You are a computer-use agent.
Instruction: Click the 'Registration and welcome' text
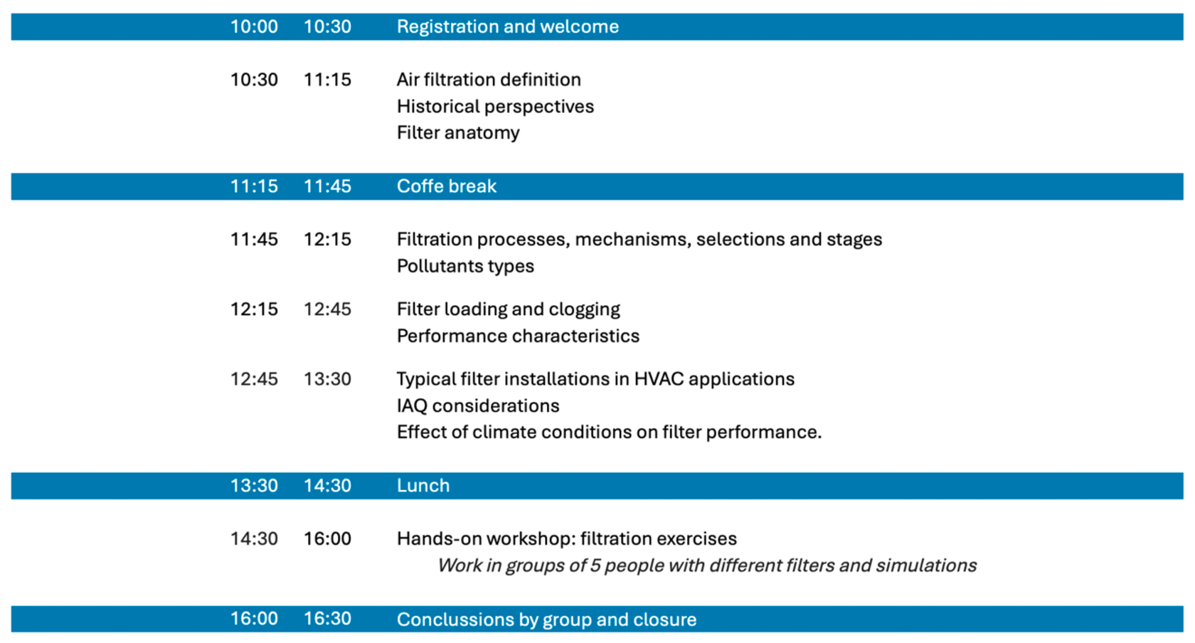(x=507, y=27)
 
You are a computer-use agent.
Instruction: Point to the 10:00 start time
(x=254, y=27)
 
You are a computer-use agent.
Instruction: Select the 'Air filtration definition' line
(x=489, y=80)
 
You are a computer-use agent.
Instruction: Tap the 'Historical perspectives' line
(x=495, y=107)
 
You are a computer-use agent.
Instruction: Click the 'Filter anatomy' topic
(x=458, y=133)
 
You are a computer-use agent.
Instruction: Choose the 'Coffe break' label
(x=446, y=186)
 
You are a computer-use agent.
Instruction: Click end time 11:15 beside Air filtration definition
(x=327, y=80)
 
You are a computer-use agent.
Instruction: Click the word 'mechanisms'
(x=631, y=240)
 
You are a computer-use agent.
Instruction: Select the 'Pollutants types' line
(x=465, y=266)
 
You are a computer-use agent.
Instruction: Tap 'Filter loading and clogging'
(x=508, y=309)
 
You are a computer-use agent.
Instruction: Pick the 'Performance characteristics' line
(x=518, y=336)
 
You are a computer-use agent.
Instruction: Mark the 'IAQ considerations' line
(x=478, y=406)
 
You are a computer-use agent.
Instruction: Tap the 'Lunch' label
(x=423, y=486)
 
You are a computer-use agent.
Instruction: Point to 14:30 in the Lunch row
(x=327, y=486)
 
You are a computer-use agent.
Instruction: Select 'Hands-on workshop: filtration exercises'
(x=566, y=539)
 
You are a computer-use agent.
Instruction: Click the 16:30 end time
(x=327, y=619)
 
